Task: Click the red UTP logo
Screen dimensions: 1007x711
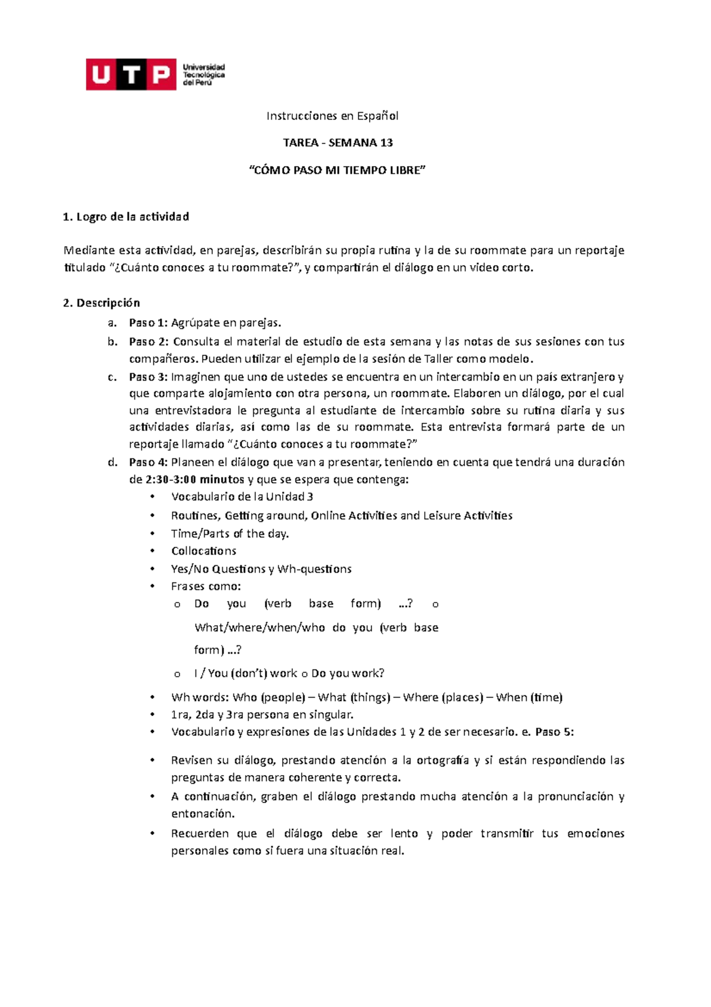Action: coord(131,74)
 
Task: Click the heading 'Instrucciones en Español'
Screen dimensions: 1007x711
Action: coord(332,116)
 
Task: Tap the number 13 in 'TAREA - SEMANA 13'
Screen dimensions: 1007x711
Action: coord(386,142)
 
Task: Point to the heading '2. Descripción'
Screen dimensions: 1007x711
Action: coord(101,302)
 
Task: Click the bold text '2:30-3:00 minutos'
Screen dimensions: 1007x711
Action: coord(195,479)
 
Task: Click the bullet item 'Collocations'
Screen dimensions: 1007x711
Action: coord(203,551)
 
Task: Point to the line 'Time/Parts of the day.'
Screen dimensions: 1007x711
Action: coord(230,533)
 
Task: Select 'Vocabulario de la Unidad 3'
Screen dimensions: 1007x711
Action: coord(242,496)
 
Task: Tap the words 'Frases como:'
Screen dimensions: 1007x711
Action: coord(206,586)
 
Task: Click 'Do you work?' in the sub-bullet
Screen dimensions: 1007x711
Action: coord(348,673)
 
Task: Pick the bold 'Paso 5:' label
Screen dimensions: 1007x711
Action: coord(554,731)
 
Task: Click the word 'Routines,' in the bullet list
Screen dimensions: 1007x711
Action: coord(196,515)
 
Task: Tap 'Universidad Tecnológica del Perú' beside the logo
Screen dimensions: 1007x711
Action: coord(203,75)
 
